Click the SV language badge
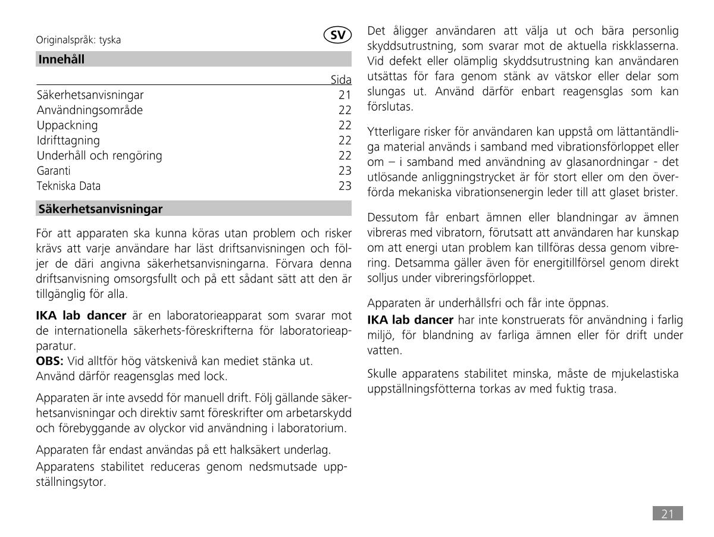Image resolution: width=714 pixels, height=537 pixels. point(338,35)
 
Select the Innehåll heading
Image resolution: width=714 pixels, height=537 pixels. point(61,59)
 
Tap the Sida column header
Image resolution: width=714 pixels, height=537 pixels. point(341,80)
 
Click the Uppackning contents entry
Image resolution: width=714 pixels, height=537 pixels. point(67,125)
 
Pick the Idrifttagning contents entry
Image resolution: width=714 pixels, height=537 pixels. point(68,141)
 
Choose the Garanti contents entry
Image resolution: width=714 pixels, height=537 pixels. point(54,171)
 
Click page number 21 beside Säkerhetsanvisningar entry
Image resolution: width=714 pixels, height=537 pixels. point(345,95)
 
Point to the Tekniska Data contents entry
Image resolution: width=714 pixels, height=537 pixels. point(68,186)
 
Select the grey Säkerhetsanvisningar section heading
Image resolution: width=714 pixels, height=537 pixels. point(101,209)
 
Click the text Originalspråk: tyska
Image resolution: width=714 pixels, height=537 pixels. point(79,40)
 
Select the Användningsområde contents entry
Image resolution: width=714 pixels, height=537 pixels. point(90,111)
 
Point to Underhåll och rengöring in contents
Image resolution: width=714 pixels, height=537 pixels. point(99,156)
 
